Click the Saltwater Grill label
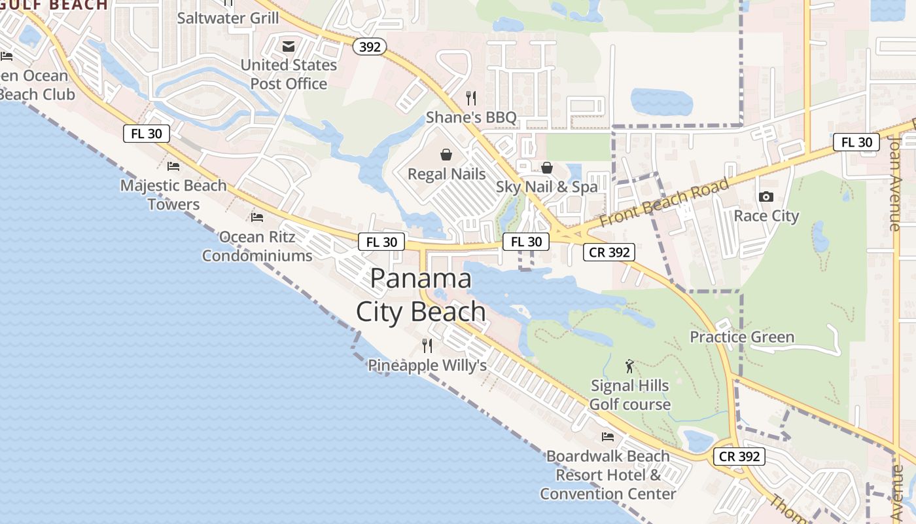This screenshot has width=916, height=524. pos(228,18)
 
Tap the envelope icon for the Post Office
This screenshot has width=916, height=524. pos(288,47)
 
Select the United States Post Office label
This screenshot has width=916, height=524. pos(289,75)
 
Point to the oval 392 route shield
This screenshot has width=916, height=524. pos(370,47)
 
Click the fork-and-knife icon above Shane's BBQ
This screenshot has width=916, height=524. pos(471,98)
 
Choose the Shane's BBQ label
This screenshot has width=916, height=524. pos(471,118)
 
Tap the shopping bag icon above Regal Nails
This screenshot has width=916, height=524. pos(446,155)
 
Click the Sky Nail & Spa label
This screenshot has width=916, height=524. pos(546,187)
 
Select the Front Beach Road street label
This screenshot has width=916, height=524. pos(663,202)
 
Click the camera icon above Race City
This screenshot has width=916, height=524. pos(766,196)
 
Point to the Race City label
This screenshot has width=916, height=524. pos(766,216)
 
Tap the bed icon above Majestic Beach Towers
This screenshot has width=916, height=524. pos(173,166)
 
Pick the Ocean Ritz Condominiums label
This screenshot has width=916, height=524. pos(257,246)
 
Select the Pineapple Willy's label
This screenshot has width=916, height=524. pos(427,365)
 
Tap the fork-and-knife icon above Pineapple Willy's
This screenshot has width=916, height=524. pos(427,345)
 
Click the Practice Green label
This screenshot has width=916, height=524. pos(742,337)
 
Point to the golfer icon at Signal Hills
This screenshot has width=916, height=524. pos(629,366)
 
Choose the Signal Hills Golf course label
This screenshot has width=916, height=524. pos(630,395)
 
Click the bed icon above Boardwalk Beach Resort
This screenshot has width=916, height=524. pos(608,436)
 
